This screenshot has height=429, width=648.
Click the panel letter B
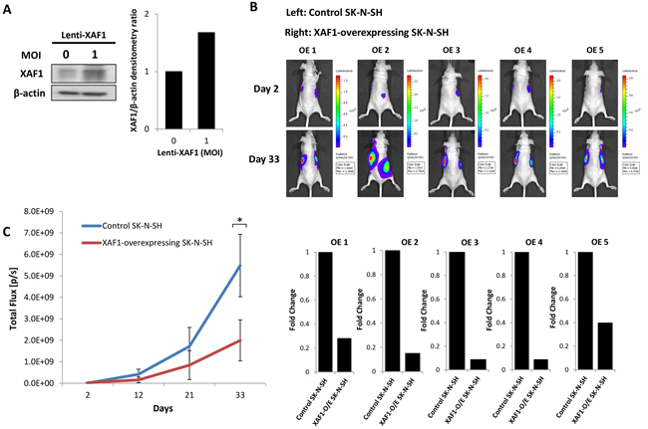[256, 10]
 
